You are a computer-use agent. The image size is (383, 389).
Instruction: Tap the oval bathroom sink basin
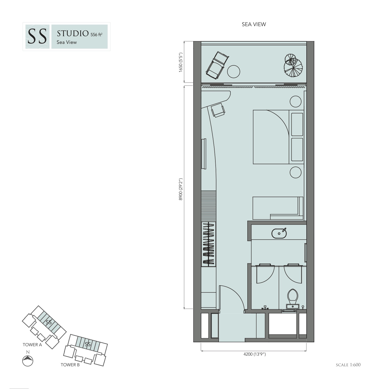click(279, 233)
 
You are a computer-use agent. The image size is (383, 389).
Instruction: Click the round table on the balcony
click(234, 72)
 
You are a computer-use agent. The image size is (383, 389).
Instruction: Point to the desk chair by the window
click(218, 110)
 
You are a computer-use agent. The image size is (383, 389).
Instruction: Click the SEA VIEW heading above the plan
click(254, 24)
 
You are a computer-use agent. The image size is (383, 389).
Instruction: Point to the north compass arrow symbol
click(28, 361)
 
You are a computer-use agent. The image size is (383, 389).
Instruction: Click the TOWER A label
click(32, 345)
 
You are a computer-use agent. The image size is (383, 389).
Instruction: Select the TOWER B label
click(70, 365)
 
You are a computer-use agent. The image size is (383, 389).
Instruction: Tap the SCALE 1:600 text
click(348, 365)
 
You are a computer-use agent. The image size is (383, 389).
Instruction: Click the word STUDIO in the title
click(73, 33)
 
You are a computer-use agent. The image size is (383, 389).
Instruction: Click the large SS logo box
click(37, 37)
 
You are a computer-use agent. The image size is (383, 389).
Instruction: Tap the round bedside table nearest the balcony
click(296, 101)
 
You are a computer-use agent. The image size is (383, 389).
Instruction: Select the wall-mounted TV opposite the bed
click(204, 154)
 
